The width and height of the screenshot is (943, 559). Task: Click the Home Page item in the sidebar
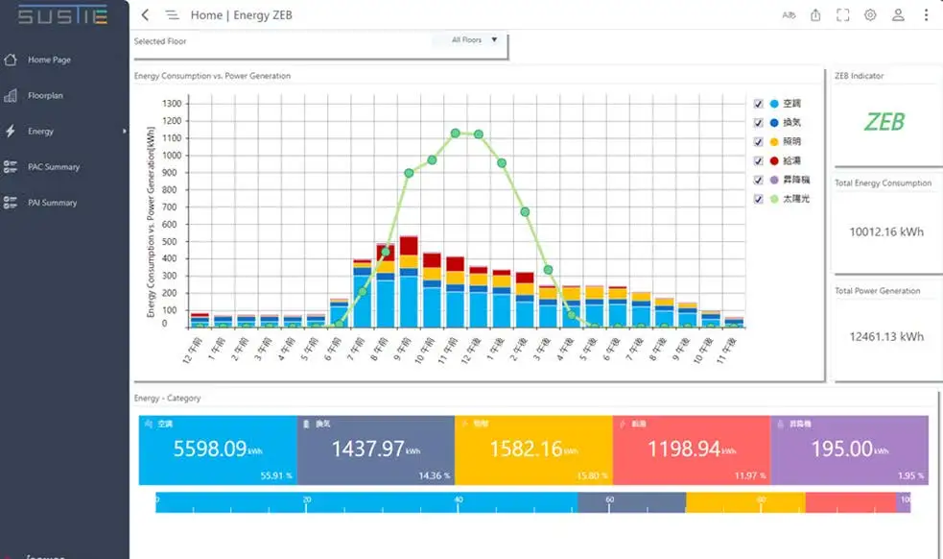pos(48,60)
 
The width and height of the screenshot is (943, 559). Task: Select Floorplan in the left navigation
pos(45,96)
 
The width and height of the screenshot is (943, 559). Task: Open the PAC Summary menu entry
pos(53,167)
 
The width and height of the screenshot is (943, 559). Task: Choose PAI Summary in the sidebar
pos(51,203)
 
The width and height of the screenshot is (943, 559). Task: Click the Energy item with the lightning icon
pos(40,132)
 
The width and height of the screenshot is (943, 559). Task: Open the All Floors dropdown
pos(475,40)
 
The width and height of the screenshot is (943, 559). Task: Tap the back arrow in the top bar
pos(145,15)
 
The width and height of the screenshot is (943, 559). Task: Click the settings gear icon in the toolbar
pos(870,15)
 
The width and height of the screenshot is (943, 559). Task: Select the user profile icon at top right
pos(898,15)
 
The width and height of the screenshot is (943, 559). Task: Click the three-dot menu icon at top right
pos(926,15)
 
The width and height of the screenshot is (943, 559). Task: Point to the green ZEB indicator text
pos(884,122)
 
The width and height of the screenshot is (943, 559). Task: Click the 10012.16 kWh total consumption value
pos(886,231)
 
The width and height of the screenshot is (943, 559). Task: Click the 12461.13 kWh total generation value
pos(886,336)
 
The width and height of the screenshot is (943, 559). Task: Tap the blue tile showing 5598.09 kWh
pos(218,450)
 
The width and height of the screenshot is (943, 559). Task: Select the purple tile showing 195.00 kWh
pos(849,450)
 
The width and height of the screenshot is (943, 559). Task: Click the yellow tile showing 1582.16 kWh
pos(533,450)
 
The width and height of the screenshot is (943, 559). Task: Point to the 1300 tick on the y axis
pos(172,103)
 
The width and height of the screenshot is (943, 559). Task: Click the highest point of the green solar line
pos(456,134)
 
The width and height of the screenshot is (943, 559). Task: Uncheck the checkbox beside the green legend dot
pos(759,199)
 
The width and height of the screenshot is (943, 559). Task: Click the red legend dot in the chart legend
pos(773,160)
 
